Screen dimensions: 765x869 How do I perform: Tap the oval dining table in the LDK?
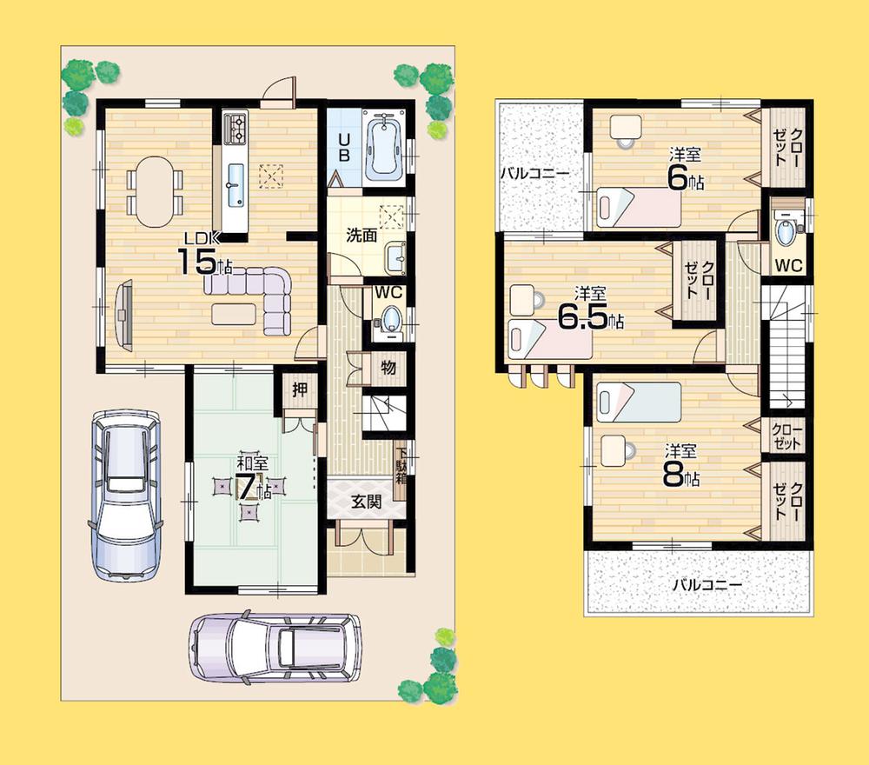click(155, 191)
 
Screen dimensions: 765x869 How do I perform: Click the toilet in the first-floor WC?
click(390, 320)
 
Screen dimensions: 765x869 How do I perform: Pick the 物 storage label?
click(388, 368)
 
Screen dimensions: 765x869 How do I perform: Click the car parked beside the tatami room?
click(127, 494)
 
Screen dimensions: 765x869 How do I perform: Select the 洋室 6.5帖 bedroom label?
click(589, 310)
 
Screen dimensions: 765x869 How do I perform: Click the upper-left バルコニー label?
click(534, 173)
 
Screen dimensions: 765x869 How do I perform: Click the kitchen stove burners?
click(235, 129)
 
